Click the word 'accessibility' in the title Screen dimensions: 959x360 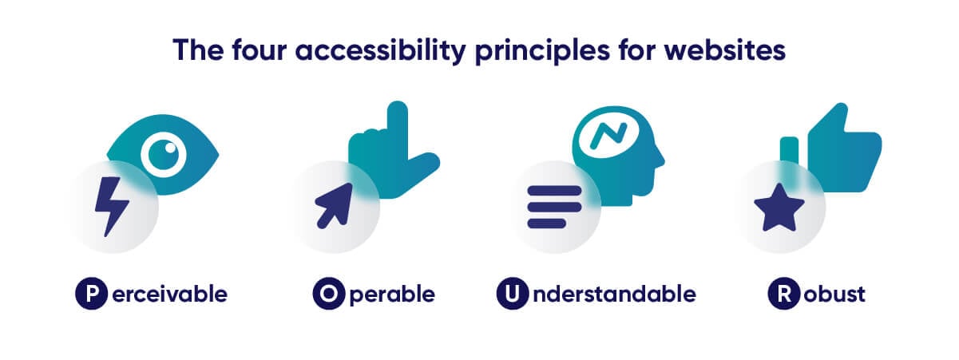(380, 50)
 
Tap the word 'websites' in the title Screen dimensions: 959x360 (724, 49)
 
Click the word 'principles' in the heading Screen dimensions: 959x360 (542, 51)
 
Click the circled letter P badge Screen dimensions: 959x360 (91, 294)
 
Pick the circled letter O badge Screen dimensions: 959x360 (328, 294)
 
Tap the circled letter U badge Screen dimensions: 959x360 (512, 294)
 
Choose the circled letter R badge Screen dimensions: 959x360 (783, 294)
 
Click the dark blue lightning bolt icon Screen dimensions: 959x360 (111, 206)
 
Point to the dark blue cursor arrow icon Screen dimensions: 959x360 (334, 206)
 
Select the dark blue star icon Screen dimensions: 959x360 (779, 208)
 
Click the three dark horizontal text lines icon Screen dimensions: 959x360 (554, 207)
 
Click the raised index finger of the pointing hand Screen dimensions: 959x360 (398, 125)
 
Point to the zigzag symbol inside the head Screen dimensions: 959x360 (608, 136)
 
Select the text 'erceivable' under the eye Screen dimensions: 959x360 (169, 294)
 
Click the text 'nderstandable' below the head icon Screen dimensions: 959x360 (614, 294)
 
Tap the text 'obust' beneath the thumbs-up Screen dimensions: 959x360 (834, 294)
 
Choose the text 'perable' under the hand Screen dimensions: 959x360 (392, 295)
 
